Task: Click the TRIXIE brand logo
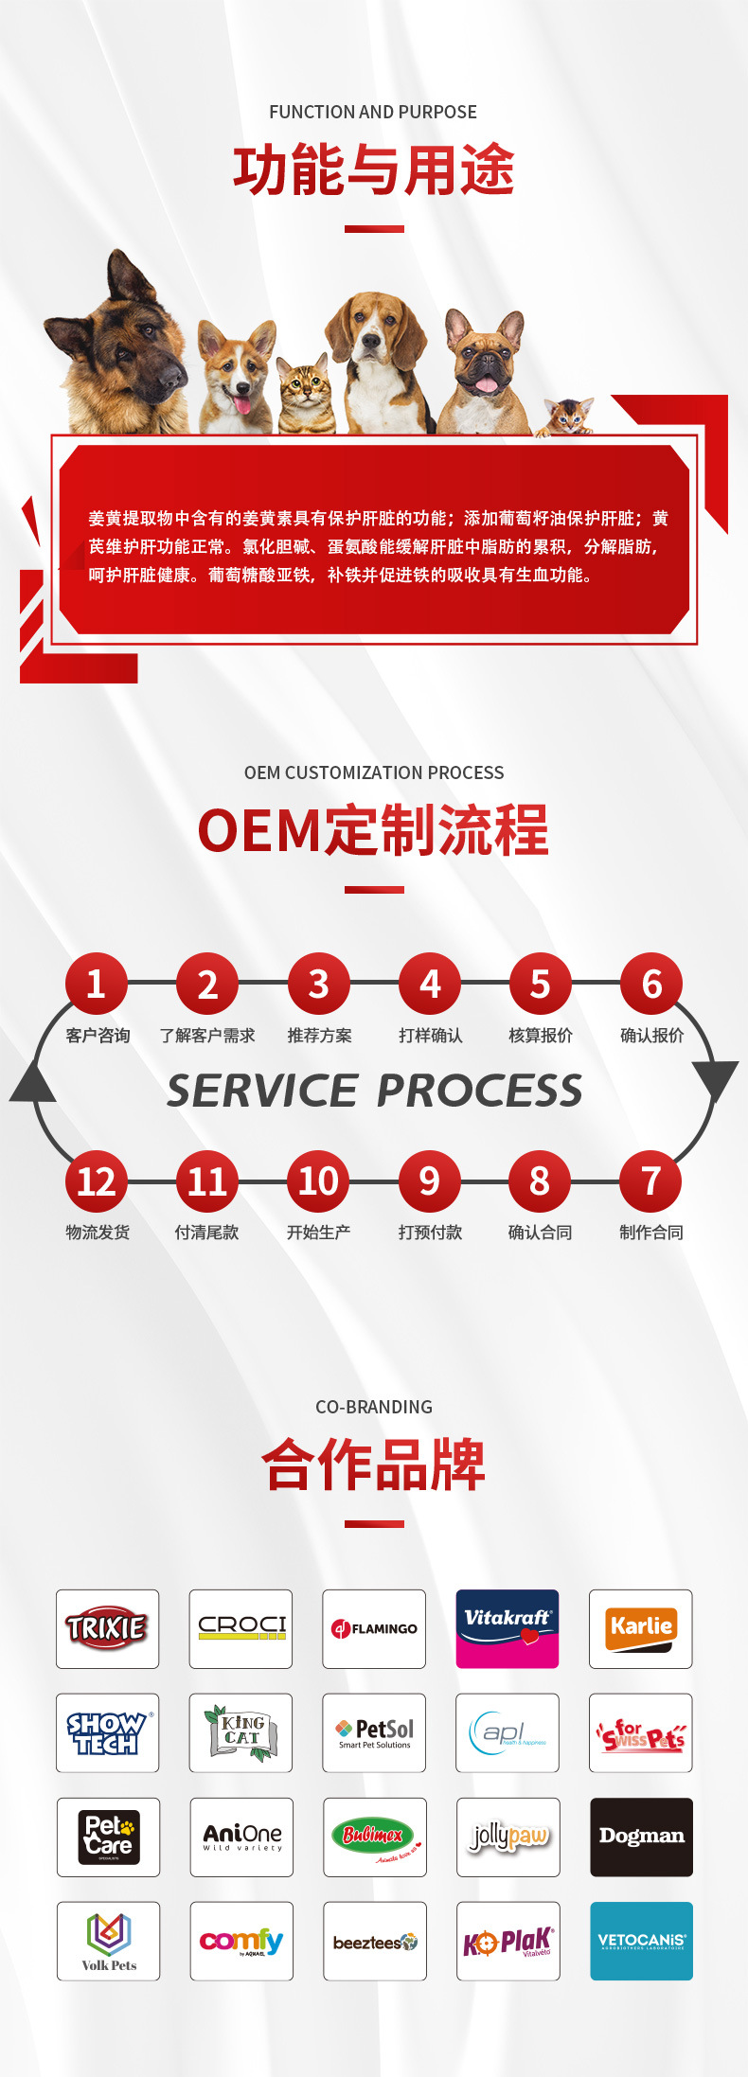click(x=107, y=1628)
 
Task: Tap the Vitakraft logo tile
click(x=508, y=1628)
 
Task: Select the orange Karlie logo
click(x=641, y=1628)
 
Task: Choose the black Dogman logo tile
click(x=641, y=1837)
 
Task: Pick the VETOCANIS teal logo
click(x=641, y=1941)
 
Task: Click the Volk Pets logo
click(x=108, y=1941)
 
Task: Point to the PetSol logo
click(x=375, y=1732)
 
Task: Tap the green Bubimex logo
click(x=375, y=1837)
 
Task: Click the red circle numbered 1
click(x=96, y=984)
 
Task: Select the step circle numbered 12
click(x=96, y=1181)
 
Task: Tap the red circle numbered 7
click(x=650, y=1181)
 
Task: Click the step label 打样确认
click(x=431, y=1036)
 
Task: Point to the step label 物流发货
click(x=98, y=1233)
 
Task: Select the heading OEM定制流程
click(x=373, y=830)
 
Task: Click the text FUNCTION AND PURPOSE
click(x=373, y=112)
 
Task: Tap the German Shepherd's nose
click(x=171, y=376)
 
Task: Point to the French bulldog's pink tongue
click(x=485, y=384)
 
